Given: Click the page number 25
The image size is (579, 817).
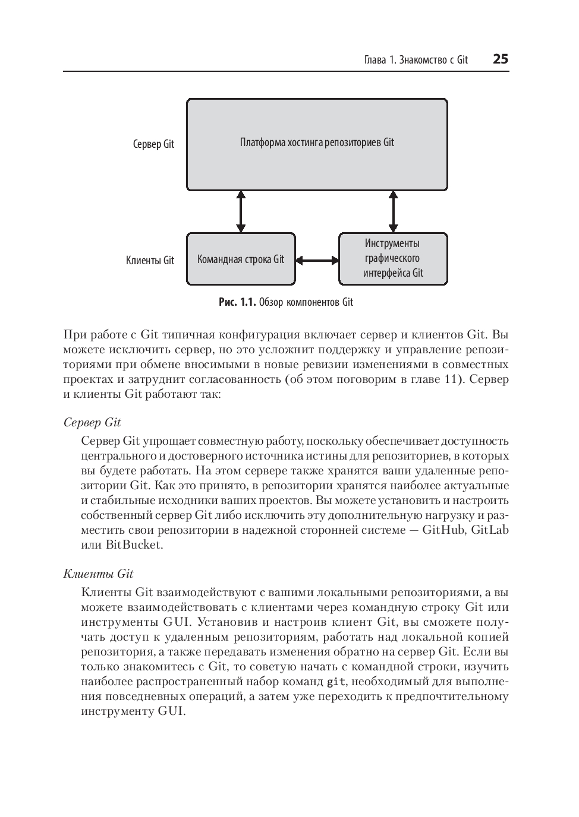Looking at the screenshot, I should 500,59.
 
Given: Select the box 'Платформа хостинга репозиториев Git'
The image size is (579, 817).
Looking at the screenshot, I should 317,144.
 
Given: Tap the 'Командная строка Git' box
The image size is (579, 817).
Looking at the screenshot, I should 241,259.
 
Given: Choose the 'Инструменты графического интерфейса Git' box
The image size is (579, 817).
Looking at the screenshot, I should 393,259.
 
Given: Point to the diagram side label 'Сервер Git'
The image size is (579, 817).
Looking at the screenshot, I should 153,144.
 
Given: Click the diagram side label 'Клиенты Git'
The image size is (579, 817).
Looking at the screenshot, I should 150,260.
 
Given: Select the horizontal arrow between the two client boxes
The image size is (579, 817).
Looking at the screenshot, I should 317,260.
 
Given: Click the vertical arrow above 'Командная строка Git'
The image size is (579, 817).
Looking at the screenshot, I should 241,211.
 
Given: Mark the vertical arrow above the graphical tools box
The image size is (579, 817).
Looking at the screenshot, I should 392,211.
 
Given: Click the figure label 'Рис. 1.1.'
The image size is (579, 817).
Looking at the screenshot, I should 237,302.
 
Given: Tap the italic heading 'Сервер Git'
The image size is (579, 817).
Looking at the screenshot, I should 92,422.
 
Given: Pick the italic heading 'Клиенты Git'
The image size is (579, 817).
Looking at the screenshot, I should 98,574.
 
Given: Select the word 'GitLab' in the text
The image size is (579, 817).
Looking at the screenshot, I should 490,530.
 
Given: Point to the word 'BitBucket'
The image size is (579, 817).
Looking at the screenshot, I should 134,544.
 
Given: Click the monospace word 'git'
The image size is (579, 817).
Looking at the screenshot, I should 336,682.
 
